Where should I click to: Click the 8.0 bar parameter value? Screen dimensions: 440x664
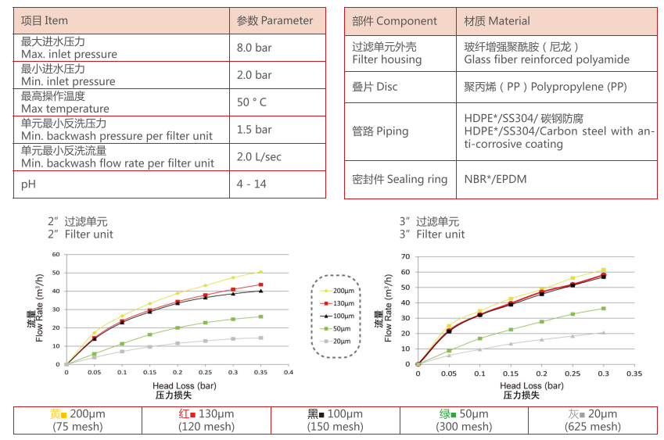[x=254, y=48]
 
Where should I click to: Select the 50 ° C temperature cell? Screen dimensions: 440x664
[x=252, y=102]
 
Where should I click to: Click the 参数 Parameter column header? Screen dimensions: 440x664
[x=275, y=21]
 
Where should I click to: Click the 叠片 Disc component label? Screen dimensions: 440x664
[x=375, y=87]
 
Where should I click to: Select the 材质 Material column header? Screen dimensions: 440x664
[x=497, y=21]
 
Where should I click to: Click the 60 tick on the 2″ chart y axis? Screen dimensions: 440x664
[x=56, y=254]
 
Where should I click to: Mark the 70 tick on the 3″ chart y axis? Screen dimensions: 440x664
[x=404, y=256]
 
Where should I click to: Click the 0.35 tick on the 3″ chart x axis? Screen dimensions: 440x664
[x=633, y=374]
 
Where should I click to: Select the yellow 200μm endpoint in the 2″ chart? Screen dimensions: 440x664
[x=260, y=272]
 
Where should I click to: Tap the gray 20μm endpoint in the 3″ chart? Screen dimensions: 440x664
[x=603, y=332]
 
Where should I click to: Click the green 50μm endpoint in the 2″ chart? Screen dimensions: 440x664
[x=260, y=317]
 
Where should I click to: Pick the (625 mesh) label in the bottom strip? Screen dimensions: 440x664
[x=592, y=427]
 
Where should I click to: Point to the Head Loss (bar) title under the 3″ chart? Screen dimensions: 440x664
[x=531, y=386]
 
